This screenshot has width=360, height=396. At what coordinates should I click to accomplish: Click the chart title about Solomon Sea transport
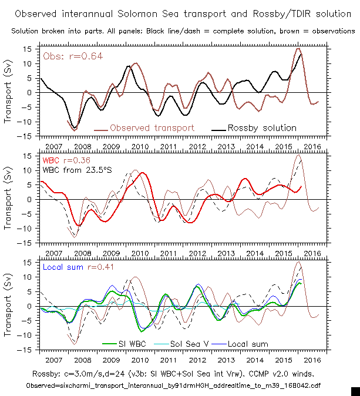coord(179,13)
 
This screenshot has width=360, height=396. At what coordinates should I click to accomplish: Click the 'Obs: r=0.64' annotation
coord(67,56)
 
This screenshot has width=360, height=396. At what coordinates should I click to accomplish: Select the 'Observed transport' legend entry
coord(151,127)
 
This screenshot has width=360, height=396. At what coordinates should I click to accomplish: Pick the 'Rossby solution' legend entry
coord(259,127)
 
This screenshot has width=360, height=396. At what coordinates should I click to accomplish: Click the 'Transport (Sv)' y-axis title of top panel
coord(9,92)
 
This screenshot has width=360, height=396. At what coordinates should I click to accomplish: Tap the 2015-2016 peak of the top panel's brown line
coord(298,49)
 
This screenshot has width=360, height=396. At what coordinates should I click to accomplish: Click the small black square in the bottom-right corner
coord(355,391)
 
